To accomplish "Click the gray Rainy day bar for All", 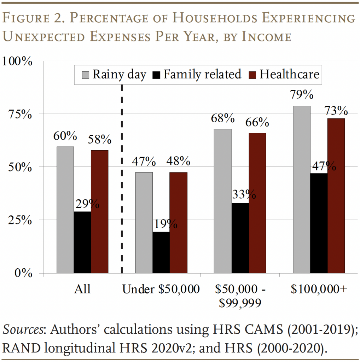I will pyautogui.click(x=65, y=210).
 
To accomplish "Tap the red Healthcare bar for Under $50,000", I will pyautogui.click(x=178, y=223).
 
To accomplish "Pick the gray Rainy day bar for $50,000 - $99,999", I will pyautogui.click(x=223, y=201).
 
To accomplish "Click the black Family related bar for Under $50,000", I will pyautogui.click(x=161, y=252).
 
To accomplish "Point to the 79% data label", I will pyautogui.click(x=302, y=95).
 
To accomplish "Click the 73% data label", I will pyautogui.click(x=336, y=111).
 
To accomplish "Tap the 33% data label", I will pyautogui.click(x=244, y=194).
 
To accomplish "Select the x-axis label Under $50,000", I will pyautogui.click(x=161, y=289).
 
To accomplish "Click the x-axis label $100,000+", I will pyautogui.click(x=319, y=289).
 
